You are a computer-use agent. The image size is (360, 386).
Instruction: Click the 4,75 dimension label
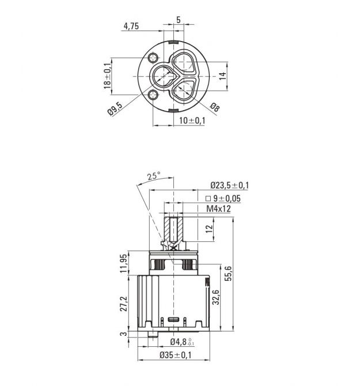[x=131, y=26]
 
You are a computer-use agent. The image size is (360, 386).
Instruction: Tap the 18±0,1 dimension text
[x=107, y=76]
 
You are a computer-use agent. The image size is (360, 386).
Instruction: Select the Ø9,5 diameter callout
[x=115, y=109]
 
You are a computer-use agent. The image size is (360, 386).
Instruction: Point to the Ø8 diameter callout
[x=215, y=107]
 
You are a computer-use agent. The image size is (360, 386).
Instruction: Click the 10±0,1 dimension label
[x=192, y=120]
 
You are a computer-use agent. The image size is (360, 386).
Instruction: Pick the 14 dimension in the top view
[x=222, y=76]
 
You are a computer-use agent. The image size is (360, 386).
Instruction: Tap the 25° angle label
[x=154, y=176]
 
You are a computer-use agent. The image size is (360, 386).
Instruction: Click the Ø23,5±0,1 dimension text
[x=230, y=185]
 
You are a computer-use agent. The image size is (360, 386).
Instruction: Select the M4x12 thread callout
[x=218, y=209]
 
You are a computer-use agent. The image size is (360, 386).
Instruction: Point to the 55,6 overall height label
[x=228, y=274]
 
